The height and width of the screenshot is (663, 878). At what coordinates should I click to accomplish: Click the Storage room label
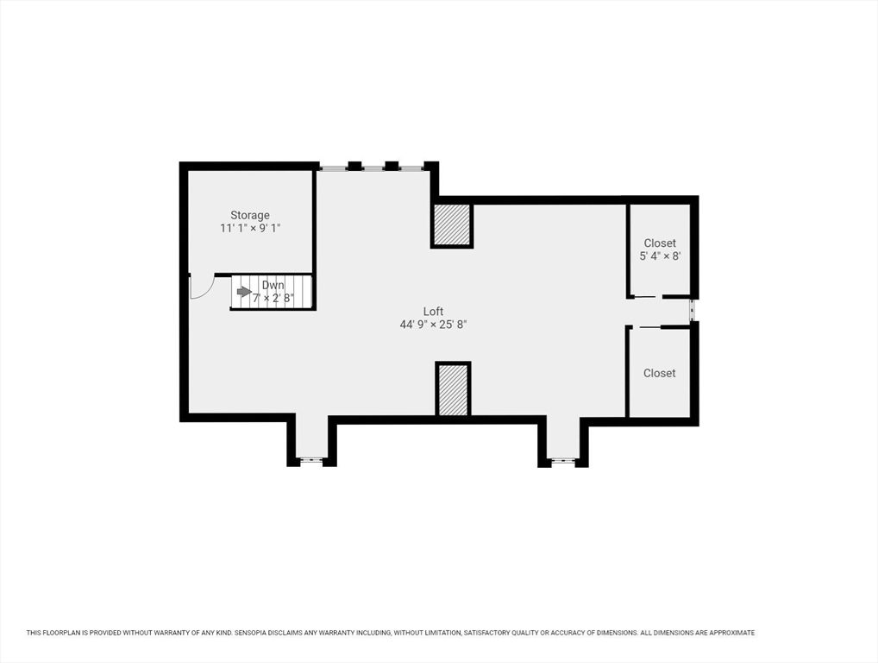tap(250, 215)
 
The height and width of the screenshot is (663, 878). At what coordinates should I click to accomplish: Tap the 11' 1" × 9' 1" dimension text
tap(250, 228)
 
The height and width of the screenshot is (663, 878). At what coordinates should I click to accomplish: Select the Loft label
tap(433, 312)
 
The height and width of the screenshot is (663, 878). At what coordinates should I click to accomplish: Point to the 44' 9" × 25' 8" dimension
tap(433, 325)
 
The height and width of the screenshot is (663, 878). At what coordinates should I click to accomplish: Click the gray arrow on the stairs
tap(244, 292)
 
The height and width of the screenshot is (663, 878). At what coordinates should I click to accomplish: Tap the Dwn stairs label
tap(273, 285)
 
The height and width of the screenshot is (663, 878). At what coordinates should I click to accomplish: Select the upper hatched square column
tap(453, 224)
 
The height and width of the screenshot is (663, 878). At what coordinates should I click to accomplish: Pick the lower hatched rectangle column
tap(453, 390)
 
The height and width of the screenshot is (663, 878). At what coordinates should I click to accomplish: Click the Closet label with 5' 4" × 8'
tap(660, 243)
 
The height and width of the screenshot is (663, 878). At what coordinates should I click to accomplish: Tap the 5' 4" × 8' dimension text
tap(660, 256)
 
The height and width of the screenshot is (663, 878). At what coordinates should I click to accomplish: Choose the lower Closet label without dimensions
tap(659, 373)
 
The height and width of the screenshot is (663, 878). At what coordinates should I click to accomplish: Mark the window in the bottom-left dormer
tap(309, 461)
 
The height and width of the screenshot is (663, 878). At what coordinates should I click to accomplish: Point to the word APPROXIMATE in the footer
tap(732, 633)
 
